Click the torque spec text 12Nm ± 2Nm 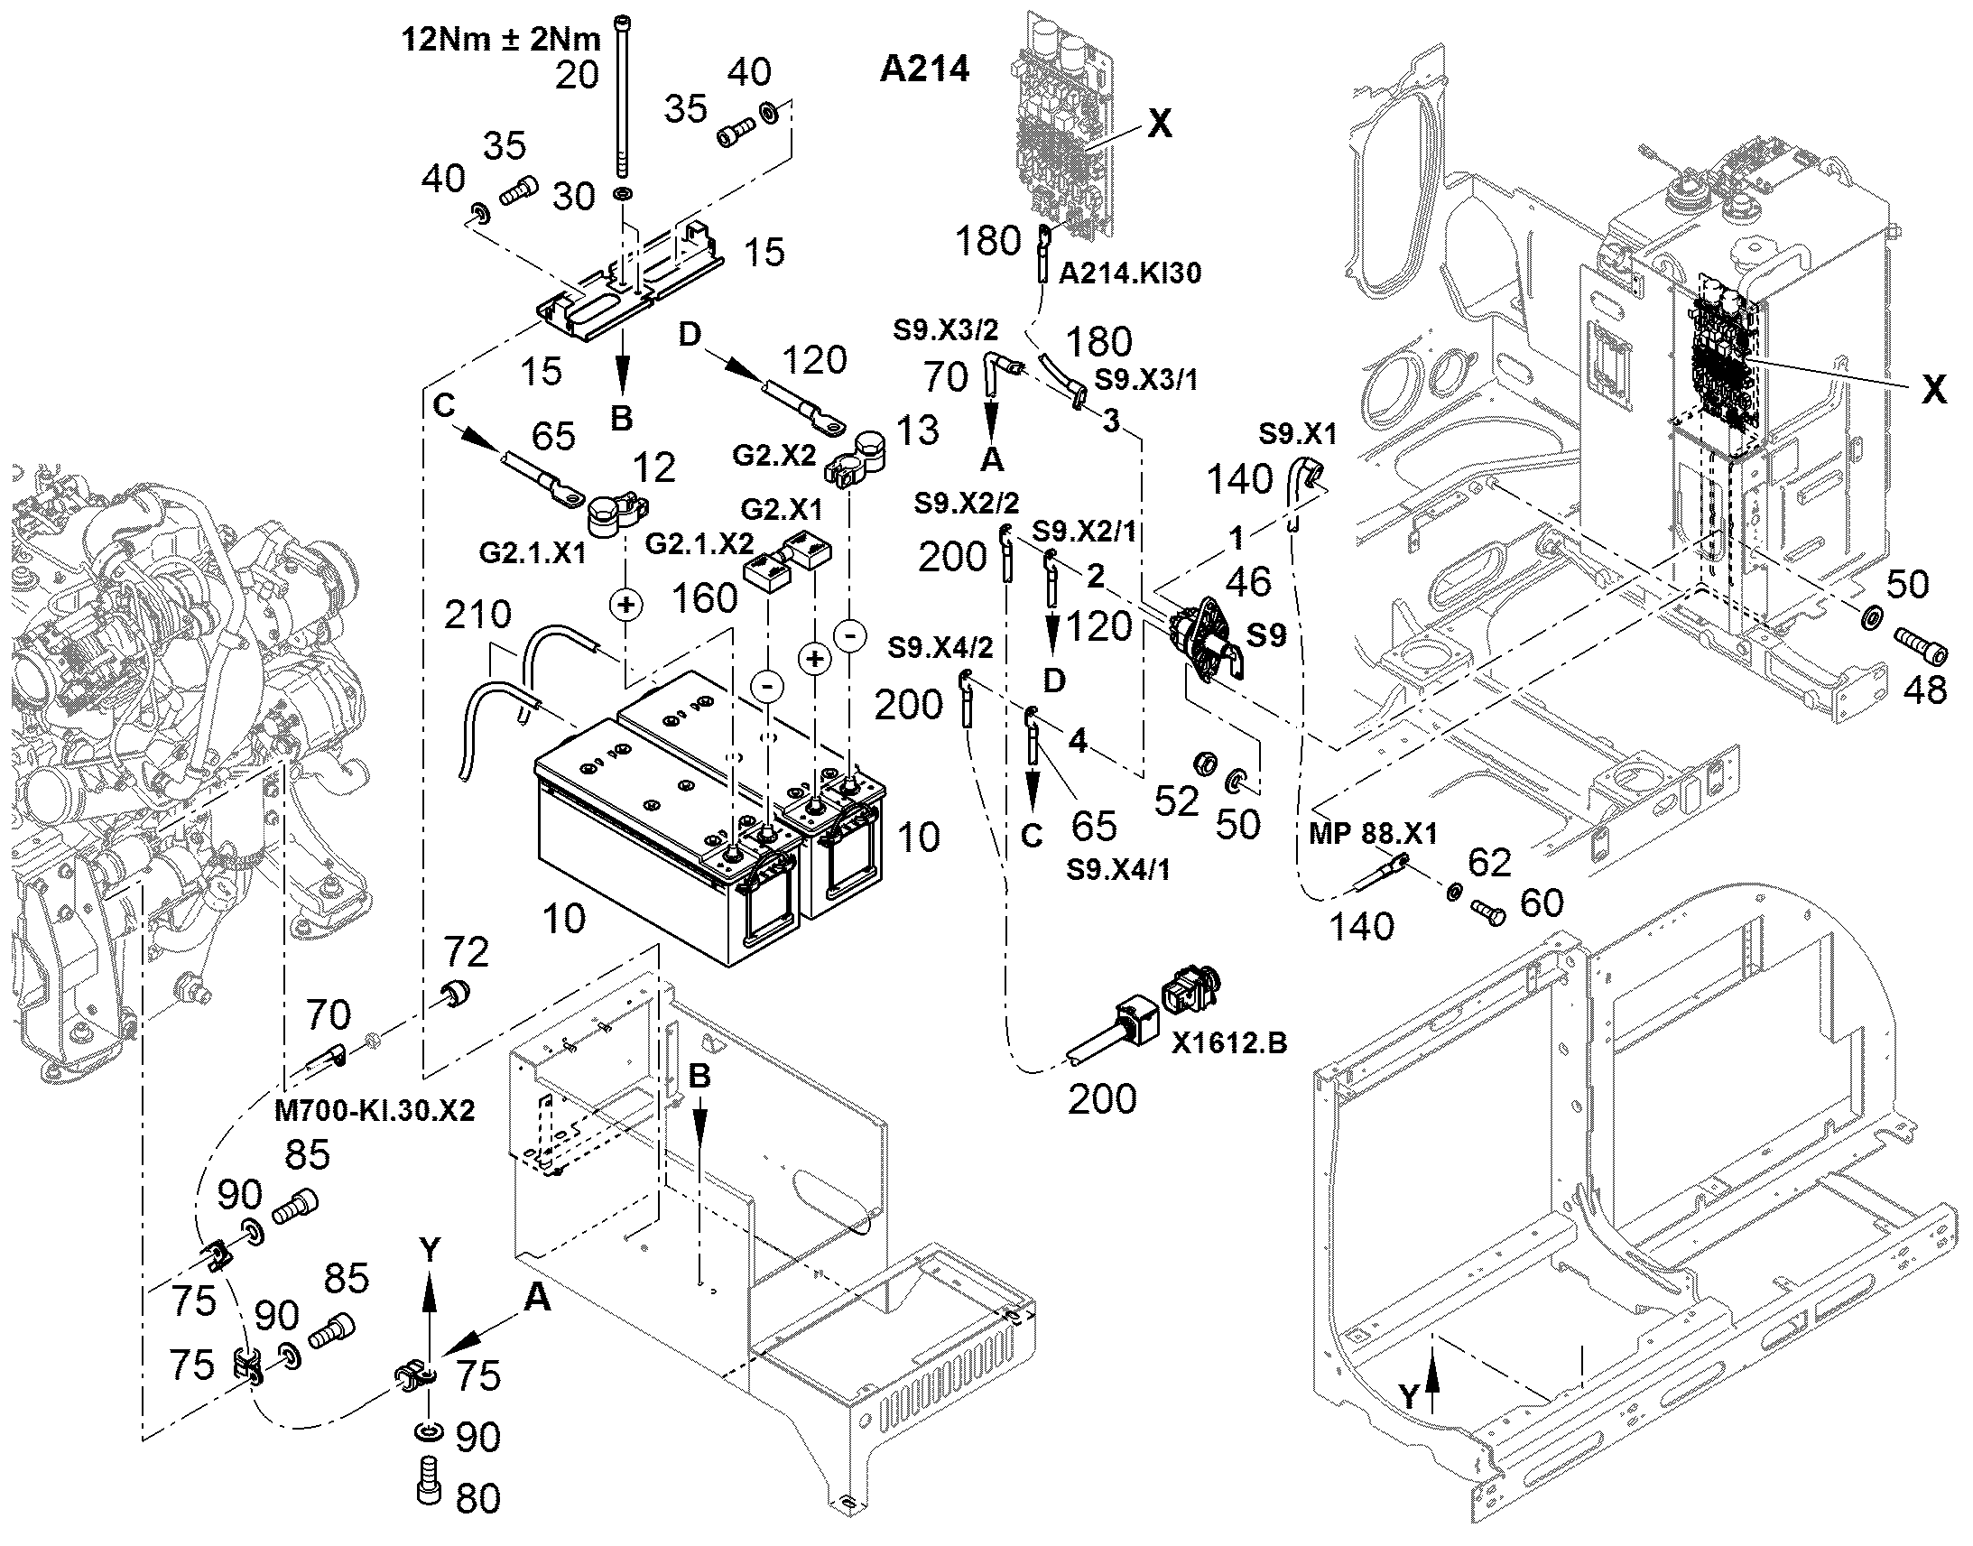(x=502, y=40)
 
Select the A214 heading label (x=924, y=69)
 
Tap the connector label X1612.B (x=1229, y=1043)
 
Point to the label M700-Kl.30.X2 (x=374, y=1110)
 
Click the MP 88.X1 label (x=1373, y=834)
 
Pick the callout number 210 (x=478, y=615)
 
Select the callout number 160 (x=705, y=598)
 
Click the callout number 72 (x=467, y=951)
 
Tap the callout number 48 (x=1924, y=690)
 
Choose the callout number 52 (x=1177, y=801)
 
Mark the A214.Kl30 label (x=1130, y=273)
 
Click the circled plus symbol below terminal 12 (x=625, y=604)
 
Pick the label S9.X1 (x=1298, y=433)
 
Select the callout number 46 (x=1249, y=581)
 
